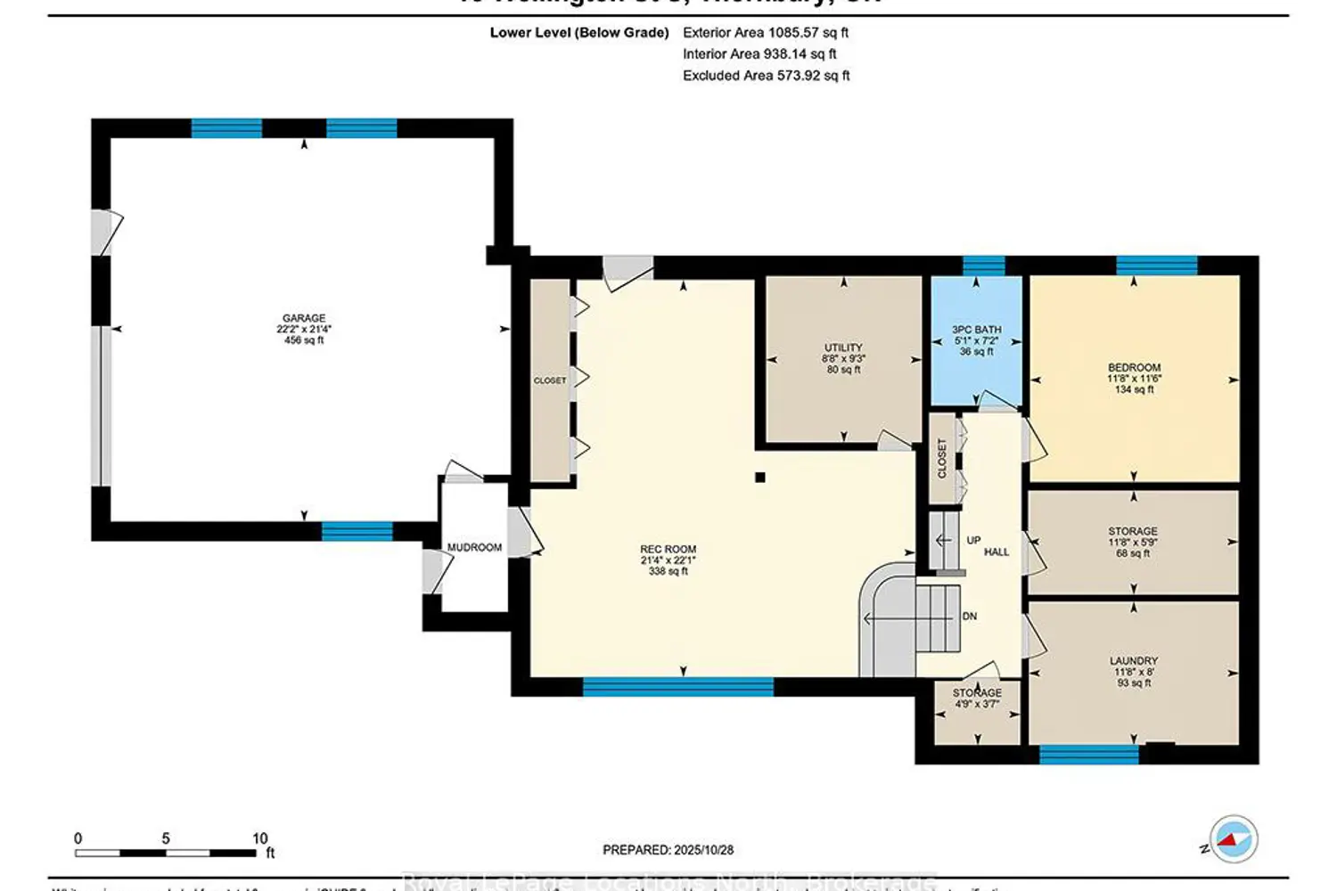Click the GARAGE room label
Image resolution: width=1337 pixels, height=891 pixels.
(304, 318)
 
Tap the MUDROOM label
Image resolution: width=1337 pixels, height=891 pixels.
(474, 547)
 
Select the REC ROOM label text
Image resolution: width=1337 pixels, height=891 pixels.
(668, 550)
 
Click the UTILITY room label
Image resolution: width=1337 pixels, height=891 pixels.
(843, 347)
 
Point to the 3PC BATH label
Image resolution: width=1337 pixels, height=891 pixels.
(977, 330)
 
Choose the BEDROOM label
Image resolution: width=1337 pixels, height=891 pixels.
(1134, 367)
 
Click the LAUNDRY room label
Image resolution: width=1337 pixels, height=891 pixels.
(1134, 661)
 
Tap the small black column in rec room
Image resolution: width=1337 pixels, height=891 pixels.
(760, 478)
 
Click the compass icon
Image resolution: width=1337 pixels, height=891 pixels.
(1233, 839)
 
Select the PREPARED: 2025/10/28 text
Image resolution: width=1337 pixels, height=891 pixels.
(668, 850)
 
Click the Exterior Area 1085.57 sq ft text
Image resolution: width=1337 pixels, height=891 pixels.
(765, 32)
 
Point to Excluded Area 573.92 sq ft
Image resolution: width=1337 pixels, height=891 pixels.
(766, 76)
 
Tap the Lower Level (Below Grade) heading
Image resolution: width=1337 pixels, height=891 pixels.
(579, 32)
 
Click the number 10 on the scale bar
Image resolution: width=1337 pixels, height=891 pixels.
(259, 838)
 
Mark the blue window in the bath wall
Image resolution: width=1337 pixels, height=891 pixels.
(984, 265)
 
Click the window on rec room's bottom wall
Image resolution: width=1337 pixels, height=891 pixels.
(678, 686)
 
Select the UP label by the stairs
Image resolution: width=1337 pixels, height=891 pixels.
(973, 540)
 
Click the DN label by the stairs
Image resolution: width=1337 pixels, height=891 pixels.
(970, 617)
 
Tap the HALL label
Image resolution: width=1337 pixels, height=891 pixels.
(997, 552)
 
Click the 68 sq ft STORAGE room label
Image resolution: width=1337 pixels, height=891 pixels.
(1133, 531)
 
